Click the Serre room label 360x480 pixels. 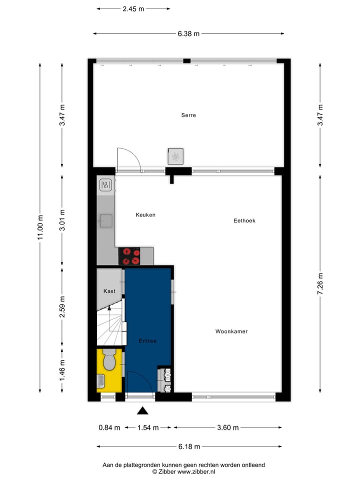tap(188, 115)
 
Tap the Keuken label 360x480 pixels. tap(145, 215)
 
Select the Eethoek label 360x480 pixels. tap(244, 220)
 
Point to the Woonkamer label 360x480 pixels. tap(231, 331)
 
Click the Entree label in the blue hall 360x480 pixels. tap(147, 341)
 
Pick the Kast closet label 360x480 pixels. tap(109, 291)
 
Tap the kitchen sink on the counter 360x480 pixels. tap(106, 220)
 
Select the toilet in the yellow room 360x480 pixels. tap(109, 359)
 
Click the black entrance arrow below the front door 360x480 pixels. tap(143, 411)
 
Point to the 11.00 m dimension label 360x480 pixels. tap(40, 228)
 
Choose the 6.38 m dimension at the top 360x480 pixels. tap(188, 34)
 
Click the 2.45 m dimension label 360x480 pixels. tap(133, 8)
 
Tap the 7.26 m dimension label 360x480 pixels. tap(320, 283)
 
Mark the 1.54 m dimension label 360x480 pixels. tap(147, 427)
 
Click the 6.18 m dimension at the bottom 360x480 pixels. tap(189, 446)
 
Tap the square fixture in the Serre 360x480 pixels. tap(175, 156)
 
